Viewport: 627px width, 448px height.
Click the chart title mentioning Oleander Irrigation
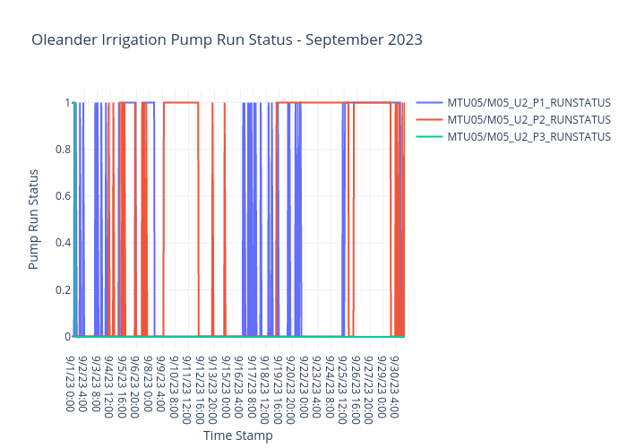(227, 40)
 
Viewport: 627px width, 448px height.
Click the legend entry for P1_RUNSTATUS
(528, 103)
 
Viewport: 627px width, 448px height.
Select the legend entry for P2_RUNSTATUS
(528, 120)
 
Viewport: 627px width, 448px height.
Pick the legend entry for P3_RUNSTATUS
(528, 136)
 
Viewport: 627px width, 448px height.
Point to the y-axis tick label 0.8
(63, 149)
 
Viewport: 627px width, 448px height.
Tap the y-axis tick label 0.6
(63, 195)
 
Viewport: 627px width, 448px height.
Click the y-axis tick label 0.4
(63, 243)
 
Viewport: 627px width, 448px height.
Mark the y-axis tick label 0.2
(63, 289)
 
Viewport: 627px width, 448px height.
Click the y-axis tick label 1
(67, 102)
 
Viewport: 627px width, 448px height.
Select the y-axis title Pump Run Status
(34, 219)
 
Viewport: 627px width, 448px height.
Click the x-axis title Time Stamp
(237, 435)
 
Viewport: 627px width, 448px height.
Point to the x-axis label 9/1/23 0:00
(72, 384)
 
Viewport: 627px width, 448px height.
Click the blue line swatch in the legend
(429, 103)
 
